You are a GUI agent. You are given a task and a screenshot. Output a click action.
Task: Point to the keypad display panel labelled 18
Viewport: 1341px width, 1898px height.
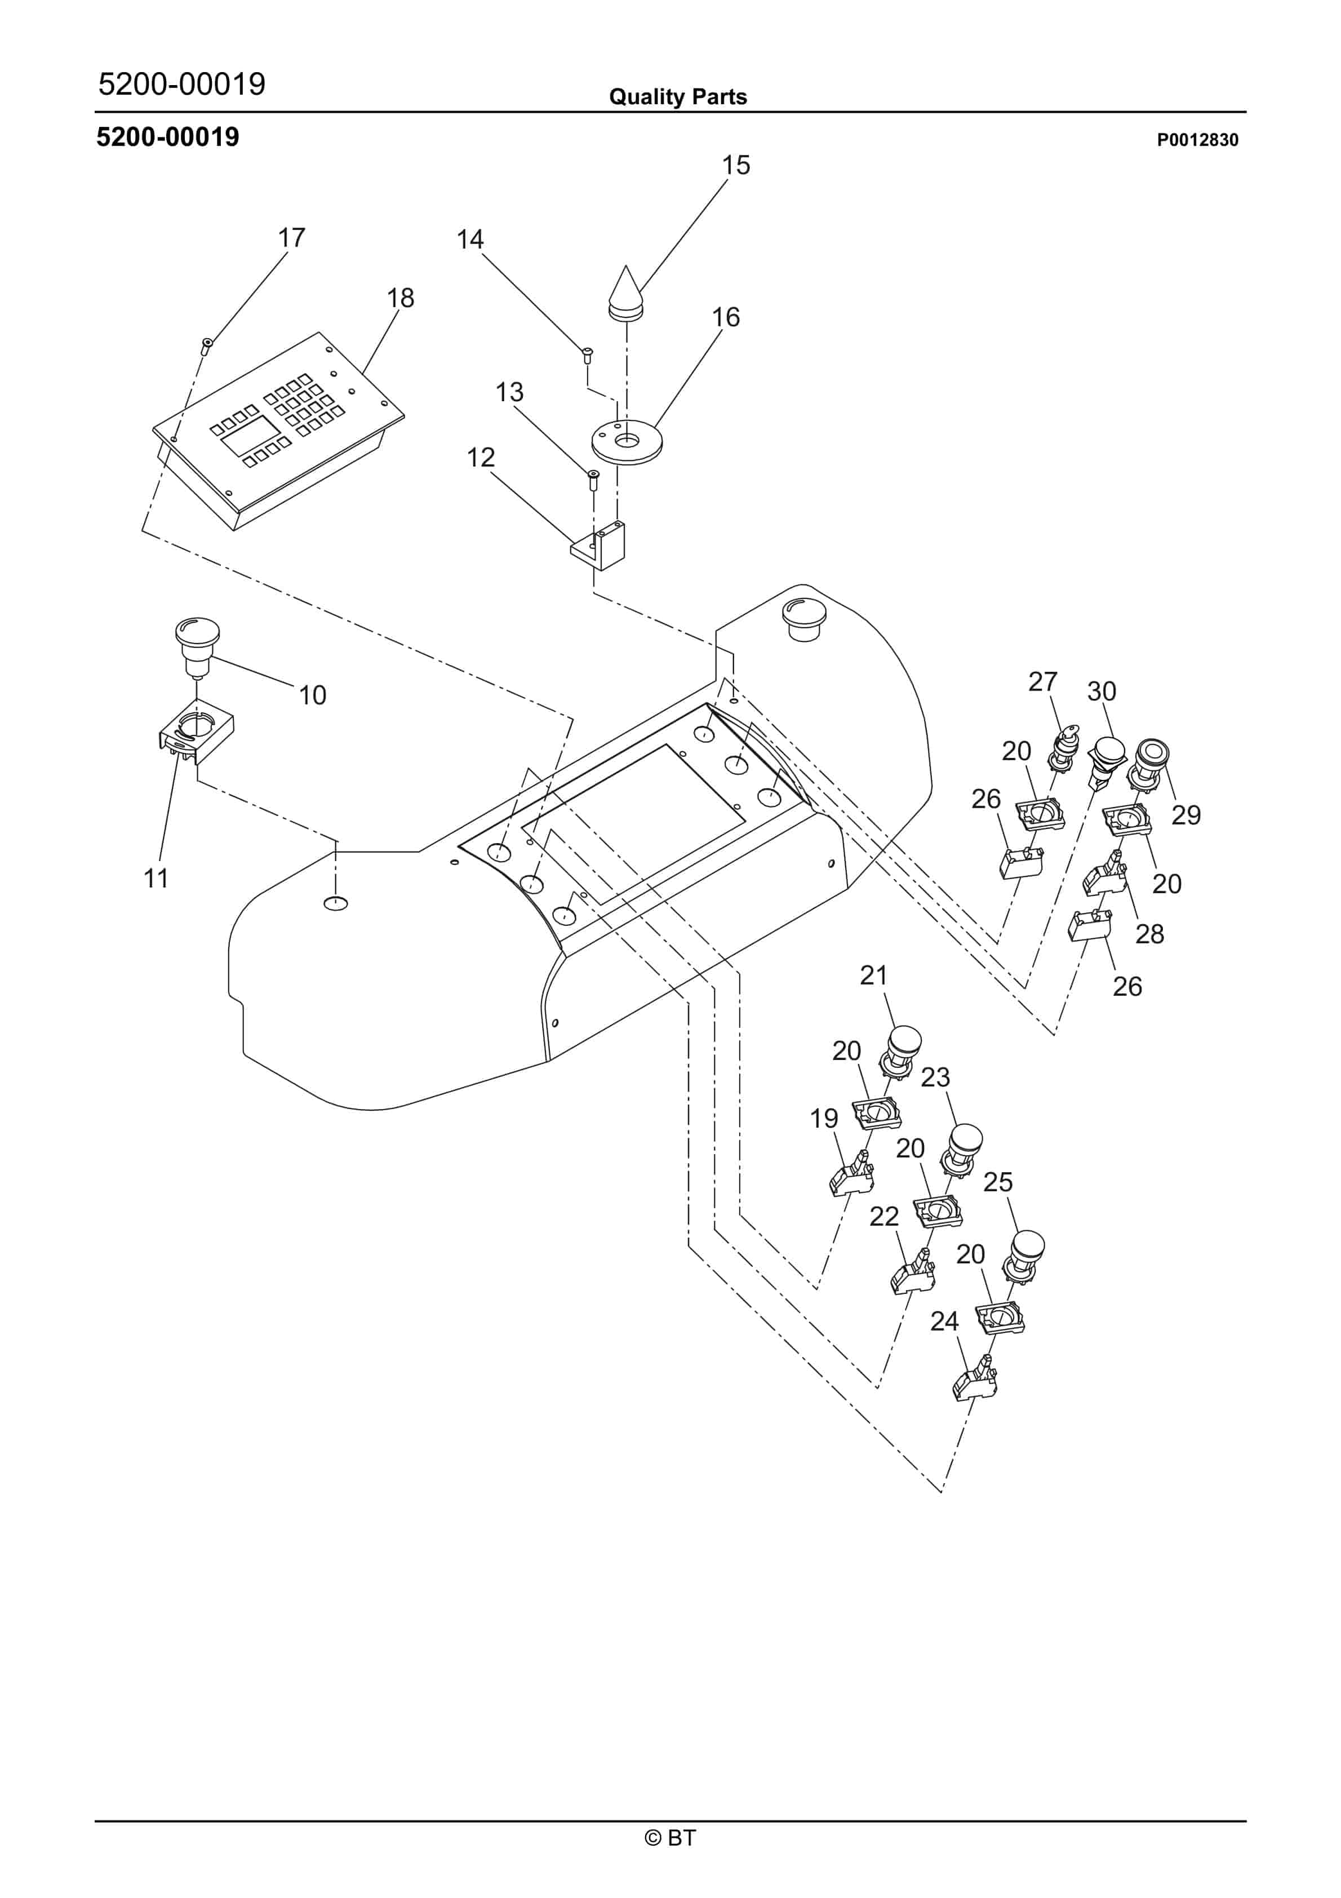278,431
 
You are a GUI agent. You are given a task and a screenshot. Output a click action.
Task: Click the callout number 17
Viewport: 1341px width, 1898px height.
291,238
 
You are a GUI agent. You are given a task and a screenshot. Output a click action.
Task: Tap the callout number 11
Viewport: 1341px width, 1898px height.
156,879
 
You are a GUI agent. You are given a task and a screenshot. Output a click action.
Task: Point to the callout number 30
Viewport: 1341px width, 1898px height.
1101,691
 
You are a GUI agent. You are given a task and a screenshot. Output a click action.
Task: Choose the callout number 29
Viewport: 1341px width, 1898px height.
1185,815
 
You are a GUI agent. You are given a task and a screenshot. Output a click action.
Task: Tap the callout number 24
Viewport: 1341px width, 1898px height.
944,1321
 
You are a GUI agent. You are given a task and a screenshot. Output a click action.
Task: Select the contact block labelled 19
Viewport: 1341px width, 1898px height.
851,1174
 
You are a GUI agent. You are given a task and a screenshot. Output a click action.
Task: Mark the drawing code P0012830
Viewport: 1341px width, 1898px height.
1197,140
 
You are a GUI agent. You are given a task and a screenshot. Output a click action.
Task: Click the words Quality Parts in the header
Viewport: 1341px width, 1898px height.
678,97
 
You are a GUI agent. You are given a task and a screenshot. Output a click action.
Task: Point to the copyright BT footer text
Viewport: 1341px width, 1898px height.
670,1838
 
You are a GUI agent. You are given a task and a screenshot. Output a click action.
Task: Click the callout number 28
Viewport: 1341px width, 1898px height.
1149,934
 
